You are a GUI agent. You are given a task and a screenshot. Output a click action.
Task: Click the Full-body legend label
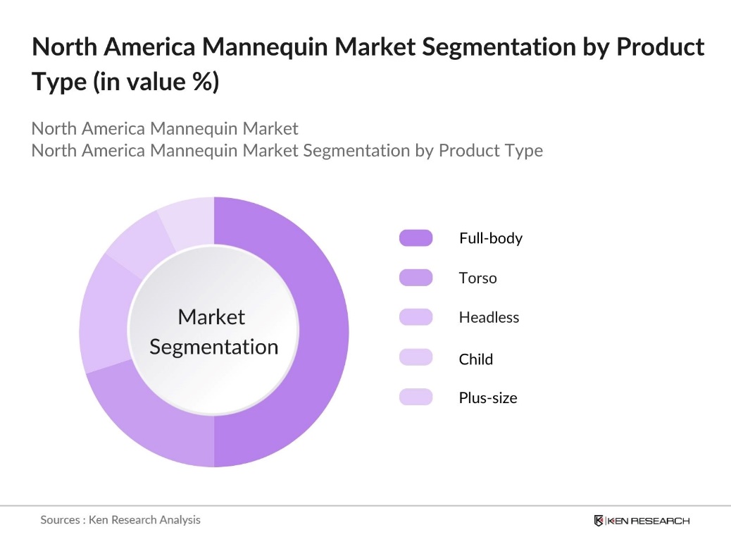490,238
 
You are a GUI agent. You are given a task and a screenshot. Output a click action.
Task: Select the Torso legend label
477,278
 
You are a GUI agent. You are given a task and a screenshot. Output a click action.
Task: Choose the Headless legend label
489,317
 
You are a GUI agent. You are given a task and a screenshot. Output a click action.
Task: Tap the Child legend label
475,359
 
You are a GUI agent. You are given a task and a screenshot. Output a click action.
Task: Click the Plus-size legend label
487,397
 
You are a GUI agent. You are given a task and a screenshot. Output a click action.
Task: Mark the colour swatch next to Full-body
416,238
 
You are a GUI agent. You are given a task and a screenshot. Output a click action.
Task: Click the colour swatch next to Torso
416,278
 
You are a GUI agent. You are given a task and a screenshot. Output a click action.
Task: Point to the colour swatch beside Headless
416,317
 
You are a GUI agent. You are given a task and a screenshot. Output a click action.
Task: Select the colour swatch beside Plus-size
416,397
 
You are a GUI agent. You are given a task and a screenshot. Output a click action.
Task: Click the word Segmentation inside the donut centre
214,347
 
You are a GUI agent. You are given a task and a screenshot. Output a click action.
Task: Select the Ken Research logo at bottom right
642,521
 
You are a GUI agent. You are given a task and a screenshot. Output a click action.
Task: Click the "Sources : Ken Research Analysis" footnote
120,520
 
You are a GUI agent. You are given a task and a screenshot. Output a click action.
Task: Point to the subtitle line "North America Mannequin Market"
165,129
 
